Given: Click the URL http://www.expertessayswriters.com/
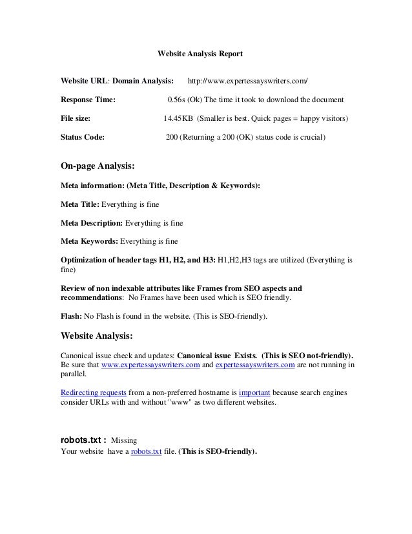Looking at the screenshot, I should point(247,82).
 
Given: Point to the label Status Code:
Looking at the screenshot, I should point(83,138).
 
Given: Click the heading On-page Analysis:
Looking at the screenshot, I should point(98,166).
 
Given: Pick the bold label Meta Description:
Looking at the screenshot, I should point(91,223).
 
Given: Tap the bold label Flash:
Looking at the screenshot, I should point(71,317).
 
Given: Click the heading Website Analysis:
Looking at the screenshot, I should point(96,336).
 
